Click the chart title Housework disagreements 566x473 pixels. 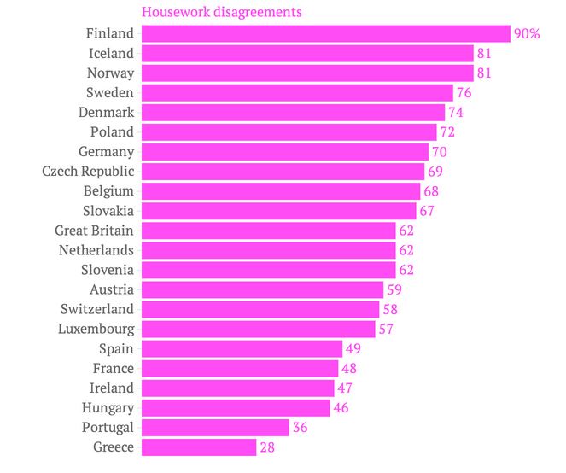pos(221,13)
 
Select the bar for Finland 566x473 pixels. pos(325,33)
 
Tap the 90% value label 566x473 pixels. pos(527,34)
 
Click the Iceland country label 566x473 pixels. pos(111,53)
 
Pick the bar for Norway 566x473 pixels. pos(307,73)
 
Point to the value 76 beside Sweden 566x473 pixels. pos(464,92)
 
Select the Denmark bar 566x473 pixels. pos(293,112)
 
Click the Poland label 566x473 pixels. pos(112,131)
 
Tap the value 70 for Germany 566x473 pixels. pos(440,152)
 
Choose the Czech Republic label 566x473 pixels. pos(88,172)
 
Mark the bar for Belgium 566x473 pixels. pos(281,190)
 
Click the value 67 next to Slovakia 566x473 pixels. pos(428,211)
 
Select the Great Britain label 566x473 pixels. pos(94,231)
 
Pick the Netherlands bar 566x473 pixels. pos(268,250)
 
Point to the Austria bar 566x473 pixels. pos(262,289)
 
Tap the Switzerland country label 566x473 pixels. pos(97,309)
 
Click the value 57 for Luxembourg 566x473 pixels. pos(386,329)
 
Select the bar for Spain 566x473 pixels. pos(242,348)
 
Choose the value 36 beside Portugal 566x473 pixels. pos(300,428)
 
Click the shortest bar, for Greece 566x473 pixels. pos(199,447)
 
